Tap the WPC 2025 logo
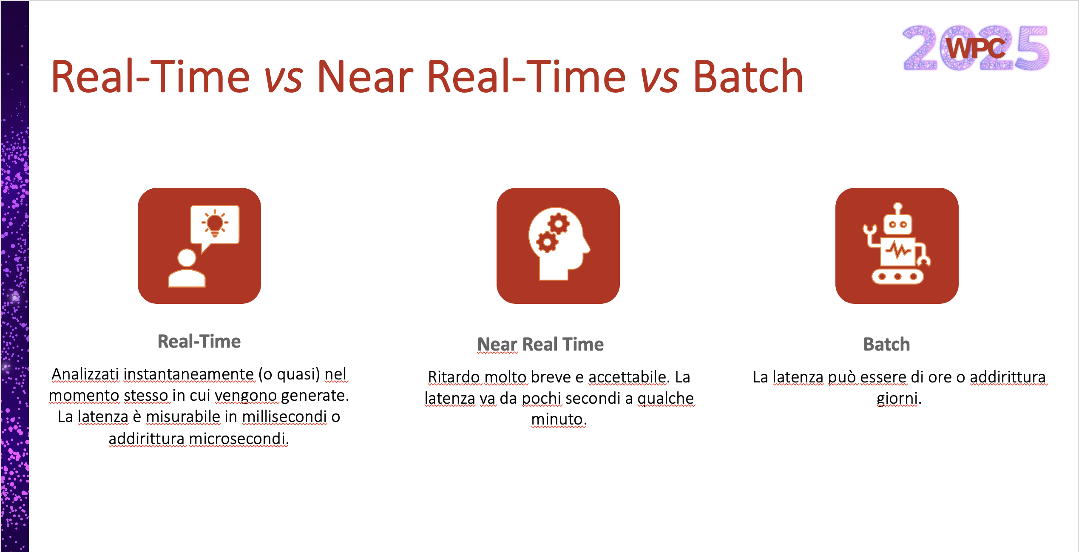coord(976,48)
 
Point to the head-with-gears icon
coord(558,245)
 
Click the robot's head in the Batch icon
coord(897,223)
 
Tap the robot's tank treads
coord(897,277)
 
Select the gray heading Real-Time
coord(199,342)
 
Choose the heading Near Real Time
coord(540,344)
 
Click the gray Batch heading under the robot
coord(886,344)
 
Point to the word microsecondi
coord(238,439)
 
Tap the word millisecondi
coord(284,417)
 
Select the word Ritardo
coord(454,377)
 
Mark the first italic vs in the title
coord(283,77)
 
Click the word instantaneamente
coord(189,374)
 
